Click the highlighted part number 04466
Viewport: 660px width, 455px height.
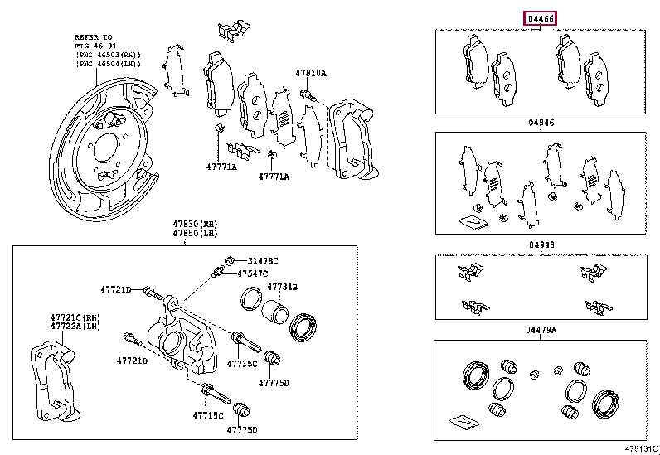[x=539, y=17]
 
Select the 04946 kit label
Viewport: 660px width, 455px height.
[x=539, y=123]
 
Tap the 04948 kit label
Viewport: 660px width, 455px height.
[x=539, y=245]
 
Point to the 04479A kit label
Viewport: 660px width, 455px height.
[x=541, y=330]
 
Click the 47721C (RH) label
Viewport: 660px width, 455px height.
[x=72, y=317]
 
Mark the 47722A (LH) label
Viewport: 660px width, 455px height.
[x=72, y=327]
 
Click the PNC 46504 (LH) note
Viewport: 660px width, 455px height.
[x=108, y=64]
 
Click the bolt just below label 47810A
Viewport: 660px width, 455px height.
[x=308, y=98]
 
